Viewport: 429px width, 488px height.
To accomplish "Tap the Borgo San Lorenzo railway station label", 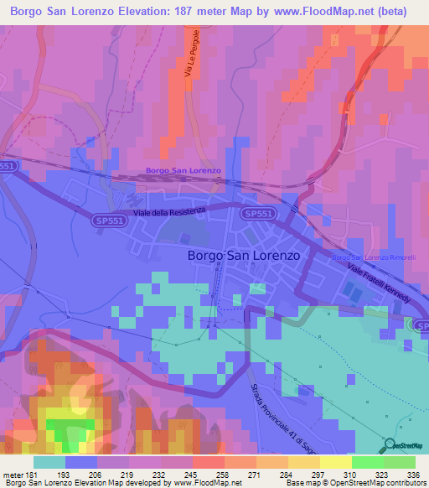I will click(x=183, y=170).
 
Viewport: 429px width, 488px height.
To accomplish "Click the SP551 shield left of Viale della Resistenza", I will click(x=109, y=218).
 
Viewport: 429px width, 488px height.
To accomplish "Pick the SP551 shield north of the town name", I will click(x=258, y=215).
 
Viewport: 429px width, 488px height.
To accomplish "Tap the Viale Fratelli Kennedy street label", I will click(x=380, y=283).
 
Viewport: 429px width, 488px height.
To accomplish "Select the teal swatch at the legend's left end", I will click(x=49, y=462).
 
